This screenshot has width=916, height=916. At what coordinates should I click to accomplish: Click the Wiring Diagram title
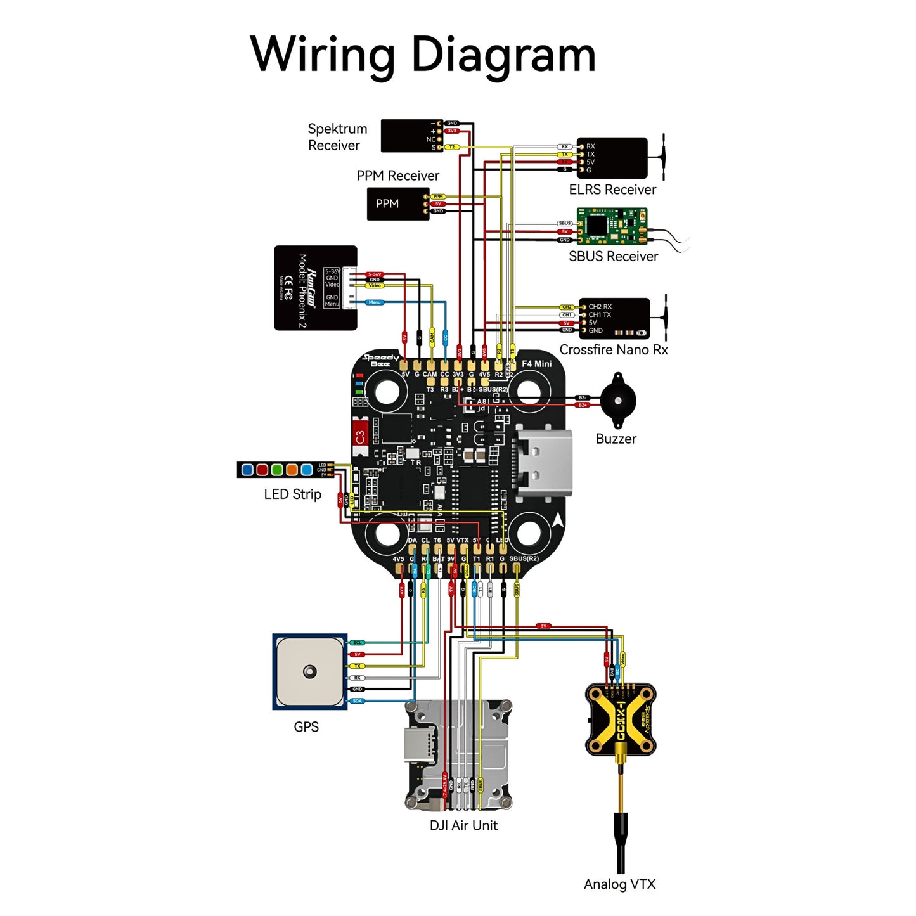click(423, 55)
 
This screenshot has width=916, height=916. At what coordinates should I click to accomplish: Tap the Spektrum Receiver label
click(337, 137)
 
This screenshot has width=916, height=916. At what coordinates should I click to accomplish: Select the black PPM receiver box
click(397, 203)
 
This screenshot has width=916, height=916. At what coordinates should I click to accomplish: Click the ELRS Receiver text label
click(612, 190)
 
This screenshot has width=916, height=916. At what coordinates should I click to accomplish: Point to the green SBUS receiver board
click(611, 226)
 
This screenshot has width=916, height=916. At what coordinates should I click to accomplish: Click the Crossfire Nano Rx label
click(613, 350)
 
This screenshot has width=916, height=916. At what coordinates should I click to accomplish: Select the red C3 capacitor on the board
click(360, 437)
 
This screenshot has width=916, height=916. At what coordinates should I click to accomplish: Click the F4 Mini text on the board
click(536, 364)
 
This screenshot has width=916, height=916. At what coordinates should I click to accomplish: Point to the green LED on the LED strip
click(277, 470)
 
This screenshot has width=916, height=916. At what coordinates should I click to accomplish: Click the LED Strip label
click(292, 494)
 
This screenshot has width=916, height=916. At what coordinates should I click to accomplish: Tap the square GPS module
click(309, 671)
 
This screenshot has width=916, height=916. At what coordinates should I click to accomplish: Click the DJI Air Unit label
click(463, 825)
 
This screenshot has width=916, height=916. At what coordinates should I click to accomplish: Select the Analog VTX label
click(619, 884)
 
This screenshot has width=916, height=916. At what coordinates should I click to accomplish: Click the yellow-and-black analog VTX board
click(621, 719)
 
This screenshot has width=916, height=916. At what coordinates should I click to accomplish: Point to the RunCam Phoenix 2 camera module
click(315, 288)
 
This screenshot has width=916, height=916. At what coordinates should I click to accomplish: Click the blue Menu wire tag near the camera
click(375, 302)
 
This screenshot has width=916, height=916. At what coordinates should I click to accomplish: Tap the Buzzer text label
click(616, 439)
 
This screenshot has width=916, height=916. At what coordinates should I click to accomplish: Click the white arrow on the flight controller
click(558, 520)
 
